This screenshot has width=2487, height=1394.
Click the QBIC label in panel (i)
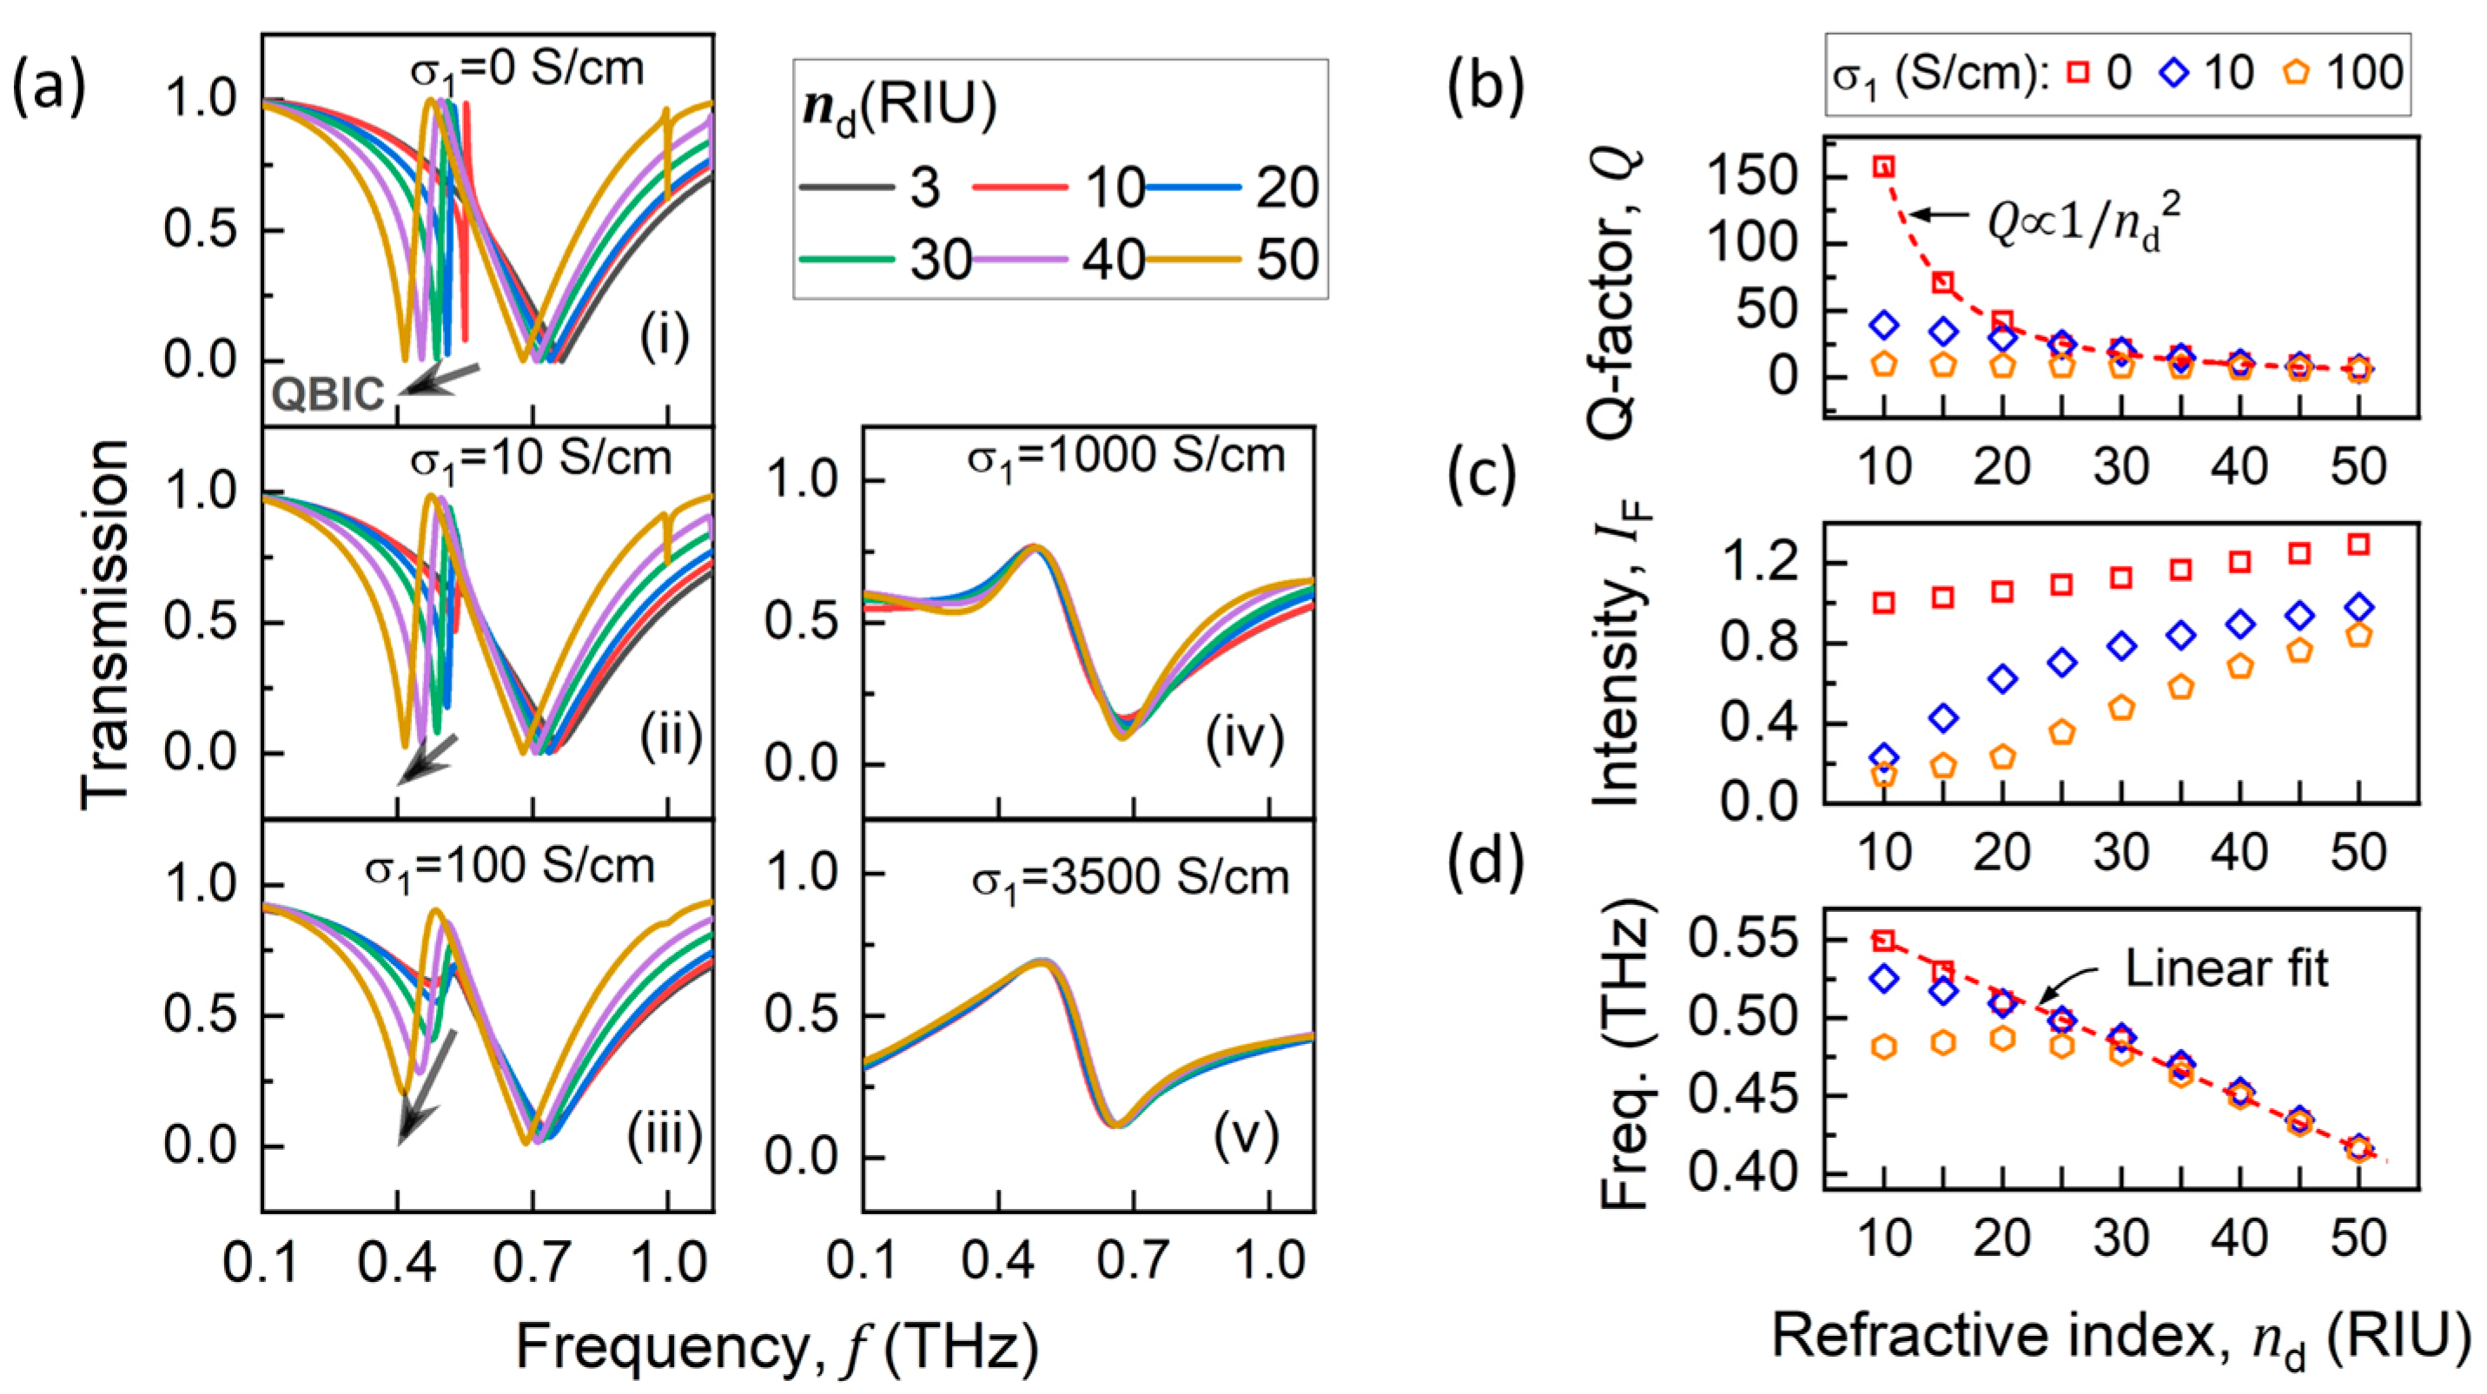click(x=327, y=393)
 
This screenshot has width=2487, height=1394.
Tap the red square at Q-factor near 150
click(x=1882, y=167)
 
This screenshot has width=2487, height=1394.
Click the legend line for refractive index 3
click(x=846, y=187)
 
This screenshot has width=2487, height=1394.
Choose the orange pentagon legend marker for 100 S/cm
click(x=2297, y=72)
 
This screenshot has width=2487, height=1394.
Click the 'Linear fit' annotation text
click(x=2226, y=968)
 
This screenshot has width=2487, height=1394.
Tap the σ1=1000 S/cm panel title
click(x=1126, y=456)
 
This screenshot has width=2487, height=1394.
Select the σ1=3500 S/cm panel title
click(x=1129, y=877)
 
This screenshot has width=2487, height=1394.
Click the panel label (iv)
click(x=1244, y=738)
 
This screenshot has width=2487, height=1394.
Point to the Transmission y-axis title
click(x=104, y=624)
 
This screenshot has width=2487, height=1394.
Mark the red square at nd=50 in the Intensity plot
click(x=2358, y=545)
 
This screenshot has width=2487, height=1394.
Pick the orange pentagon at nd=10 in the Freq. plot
click(x=1882, y=1047)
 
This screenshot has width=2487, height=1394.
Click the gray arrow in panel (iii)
click(x=425, y=1089)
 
